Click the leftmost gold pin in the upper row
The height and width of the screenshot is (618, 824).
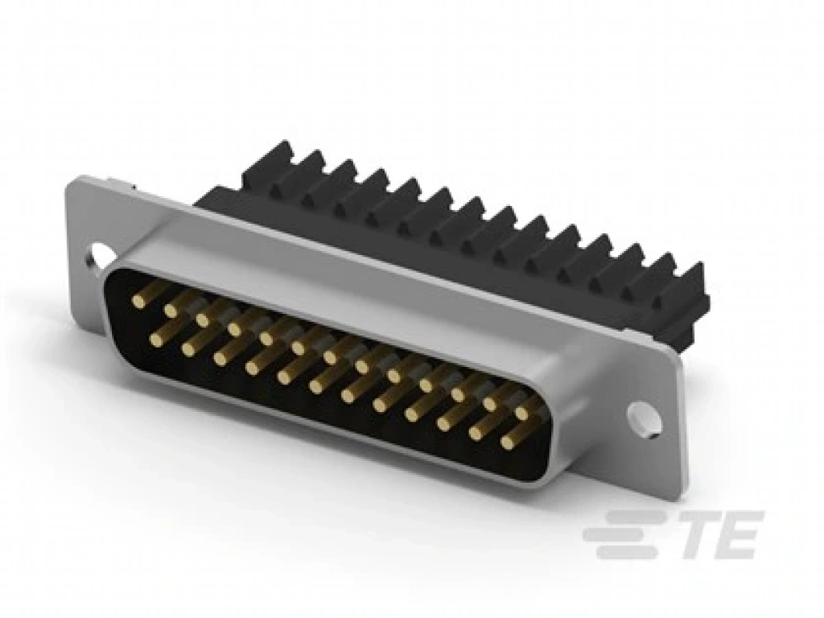pyautogui.click(x=138, y=301)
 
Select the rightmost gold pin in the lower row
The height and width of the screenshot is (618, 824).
pyautogui.click(x=507, y=442)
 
